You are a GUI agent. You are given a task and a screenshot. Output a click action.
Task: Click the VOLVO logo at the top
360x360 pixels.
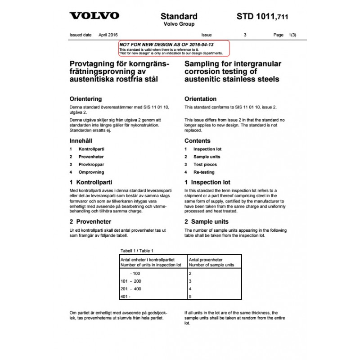94,16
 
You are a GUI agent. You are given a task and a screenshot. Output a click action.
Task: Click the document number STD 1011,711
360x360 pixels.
262,17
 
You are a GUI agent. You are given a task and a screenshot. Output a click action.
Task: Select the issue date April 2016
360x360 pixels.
108,35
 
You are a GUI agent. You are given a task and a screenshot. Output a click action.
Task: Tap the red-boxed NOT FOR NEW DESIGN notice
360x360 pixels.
174,48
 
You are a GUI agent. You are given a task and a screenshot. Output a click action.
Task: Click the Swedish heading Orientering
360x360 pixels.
85,99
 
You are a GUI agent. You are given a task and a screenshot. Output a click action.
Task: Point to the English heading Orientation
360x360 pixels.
200,99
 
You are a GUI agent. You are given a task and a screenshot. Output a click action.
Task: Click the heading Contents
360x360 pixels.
197,141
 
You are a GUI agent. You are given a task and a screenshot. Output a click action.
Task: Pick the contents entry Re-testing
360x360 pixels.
204,172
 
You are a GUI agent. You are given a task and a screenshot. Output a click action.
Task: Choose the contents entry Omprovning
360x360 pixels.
91,172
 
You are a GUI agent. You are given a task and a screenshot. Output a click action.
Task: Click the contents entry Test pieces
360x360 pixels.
205,165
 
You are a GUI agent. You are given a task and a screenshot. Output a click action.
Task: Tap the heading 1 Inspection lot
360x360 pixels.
207,183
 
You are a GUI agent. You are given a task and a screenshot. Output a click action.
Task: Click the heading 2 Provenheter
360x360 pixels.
90,222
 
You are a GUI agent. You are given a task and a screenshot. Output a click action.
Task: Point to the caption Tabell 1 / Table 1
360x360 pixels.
137,251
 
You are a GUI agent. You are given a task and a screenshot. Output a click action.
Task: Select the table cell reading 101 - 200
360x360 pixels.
131,281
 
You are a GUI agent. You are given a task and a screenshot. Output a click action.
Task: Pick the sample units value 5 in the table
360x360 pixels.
190,297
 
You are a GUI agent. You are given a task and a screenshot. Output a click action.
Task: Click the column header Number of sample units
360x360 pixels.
211,265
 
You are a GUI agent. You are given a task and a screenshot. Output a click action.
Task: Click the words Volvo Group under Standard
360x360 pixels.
179,24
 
